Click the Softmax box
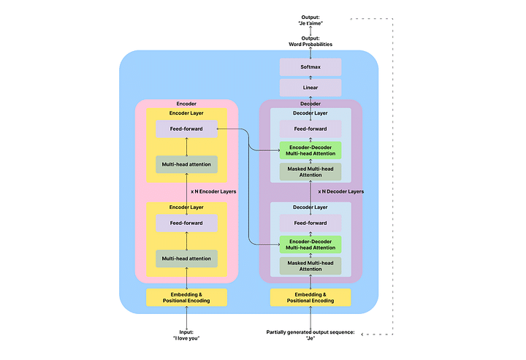(x=310, y=66)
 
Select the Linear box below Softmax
(x=310, y=88)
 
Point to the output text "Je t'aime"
(x=310, y=23)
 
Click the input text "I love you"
(x=186, y=337)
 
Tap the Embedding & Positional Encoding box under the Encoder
(x=186, y=297)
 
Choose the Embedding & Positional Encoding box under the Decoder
(x=310, y=297)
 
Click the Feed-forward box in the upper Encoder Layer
(x=186, y=129)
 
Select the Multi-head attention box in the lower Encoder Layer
(x=186, y=258)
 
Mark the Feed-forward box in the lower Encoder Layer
(x=186, y=223)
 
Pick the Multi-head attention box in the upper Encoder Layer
(x=186, y=164)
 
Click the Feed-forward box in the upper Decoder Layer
(x=310, y=129)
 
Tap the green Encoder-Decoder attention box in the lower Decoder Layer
(x=310, y=245)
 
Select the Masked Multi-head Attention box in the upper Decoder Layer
(x=310, y=172)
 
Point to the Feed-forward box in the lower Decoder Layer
(x=310, y=223)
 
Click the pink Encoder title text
(x=186, y=104)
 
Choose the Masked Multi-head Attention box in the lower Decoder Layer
(x=310, y=266)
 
